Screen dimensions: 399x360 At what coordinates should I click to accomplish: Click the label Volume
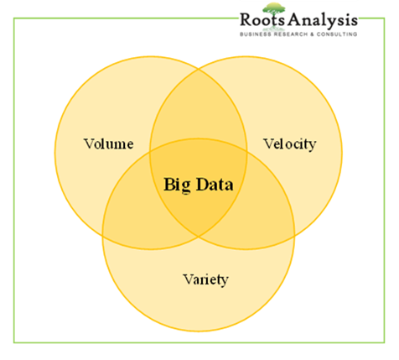coord(109,143)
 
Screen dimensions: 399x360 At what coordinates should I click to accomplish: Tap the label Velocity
coord(290,144)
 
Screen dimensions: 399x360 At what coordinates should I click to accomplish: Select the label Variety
coord(205,279)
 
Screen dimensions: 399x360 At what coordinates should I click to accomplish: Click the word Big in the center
coord(177,185)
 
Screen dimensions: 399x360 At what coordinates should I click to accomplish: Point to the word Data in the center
coord(215,185)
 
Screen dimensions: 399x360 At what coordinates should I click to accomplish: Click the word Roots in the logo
coord(262,19)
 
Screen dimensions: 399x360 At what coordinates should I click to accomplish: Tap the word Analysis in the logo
coord(323,21)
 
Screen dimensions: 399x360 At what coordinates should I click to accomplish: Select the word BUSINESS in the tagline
coord(256,34)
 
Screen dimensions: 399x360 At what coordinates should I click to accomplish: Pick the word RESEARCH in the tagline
coord(290,34)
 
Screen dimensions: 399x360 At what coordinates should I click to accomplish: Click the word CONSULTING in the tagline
coord(337,34)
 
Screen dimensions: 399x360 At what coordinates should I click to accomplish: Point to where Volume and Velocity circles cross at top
coord(199,69)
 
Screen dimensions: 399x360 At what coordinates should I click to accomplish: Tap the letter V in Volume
coord(89,143)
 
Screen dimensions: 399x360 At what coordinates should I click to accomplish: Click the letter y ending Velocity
coord(313,147)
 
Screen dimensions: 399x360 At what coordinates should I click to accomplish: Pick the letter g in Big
coord(186,187)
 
